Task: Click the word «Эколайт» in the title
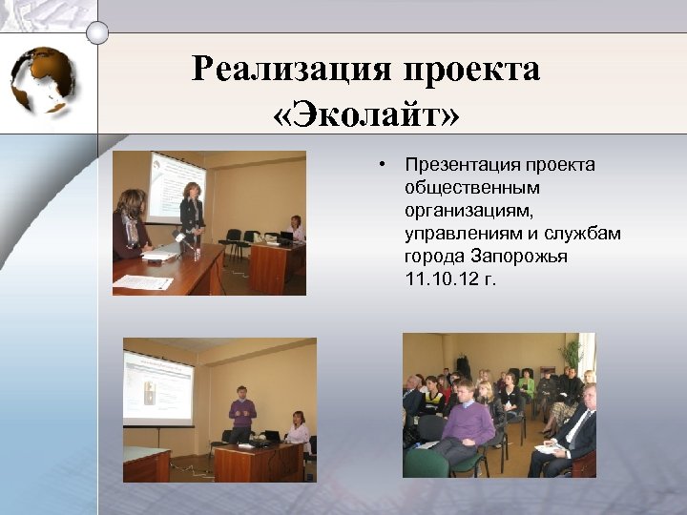(x=365, y=113)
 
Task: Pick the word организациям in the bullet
(x=463, y=211)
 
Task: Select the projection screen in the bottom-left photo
(x=158, y=387)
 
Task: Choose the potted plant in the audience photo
(x=572, y=355)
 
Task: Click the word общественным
(x=458, y=188)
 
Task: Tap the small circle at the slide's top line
(x=97, y=32)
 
